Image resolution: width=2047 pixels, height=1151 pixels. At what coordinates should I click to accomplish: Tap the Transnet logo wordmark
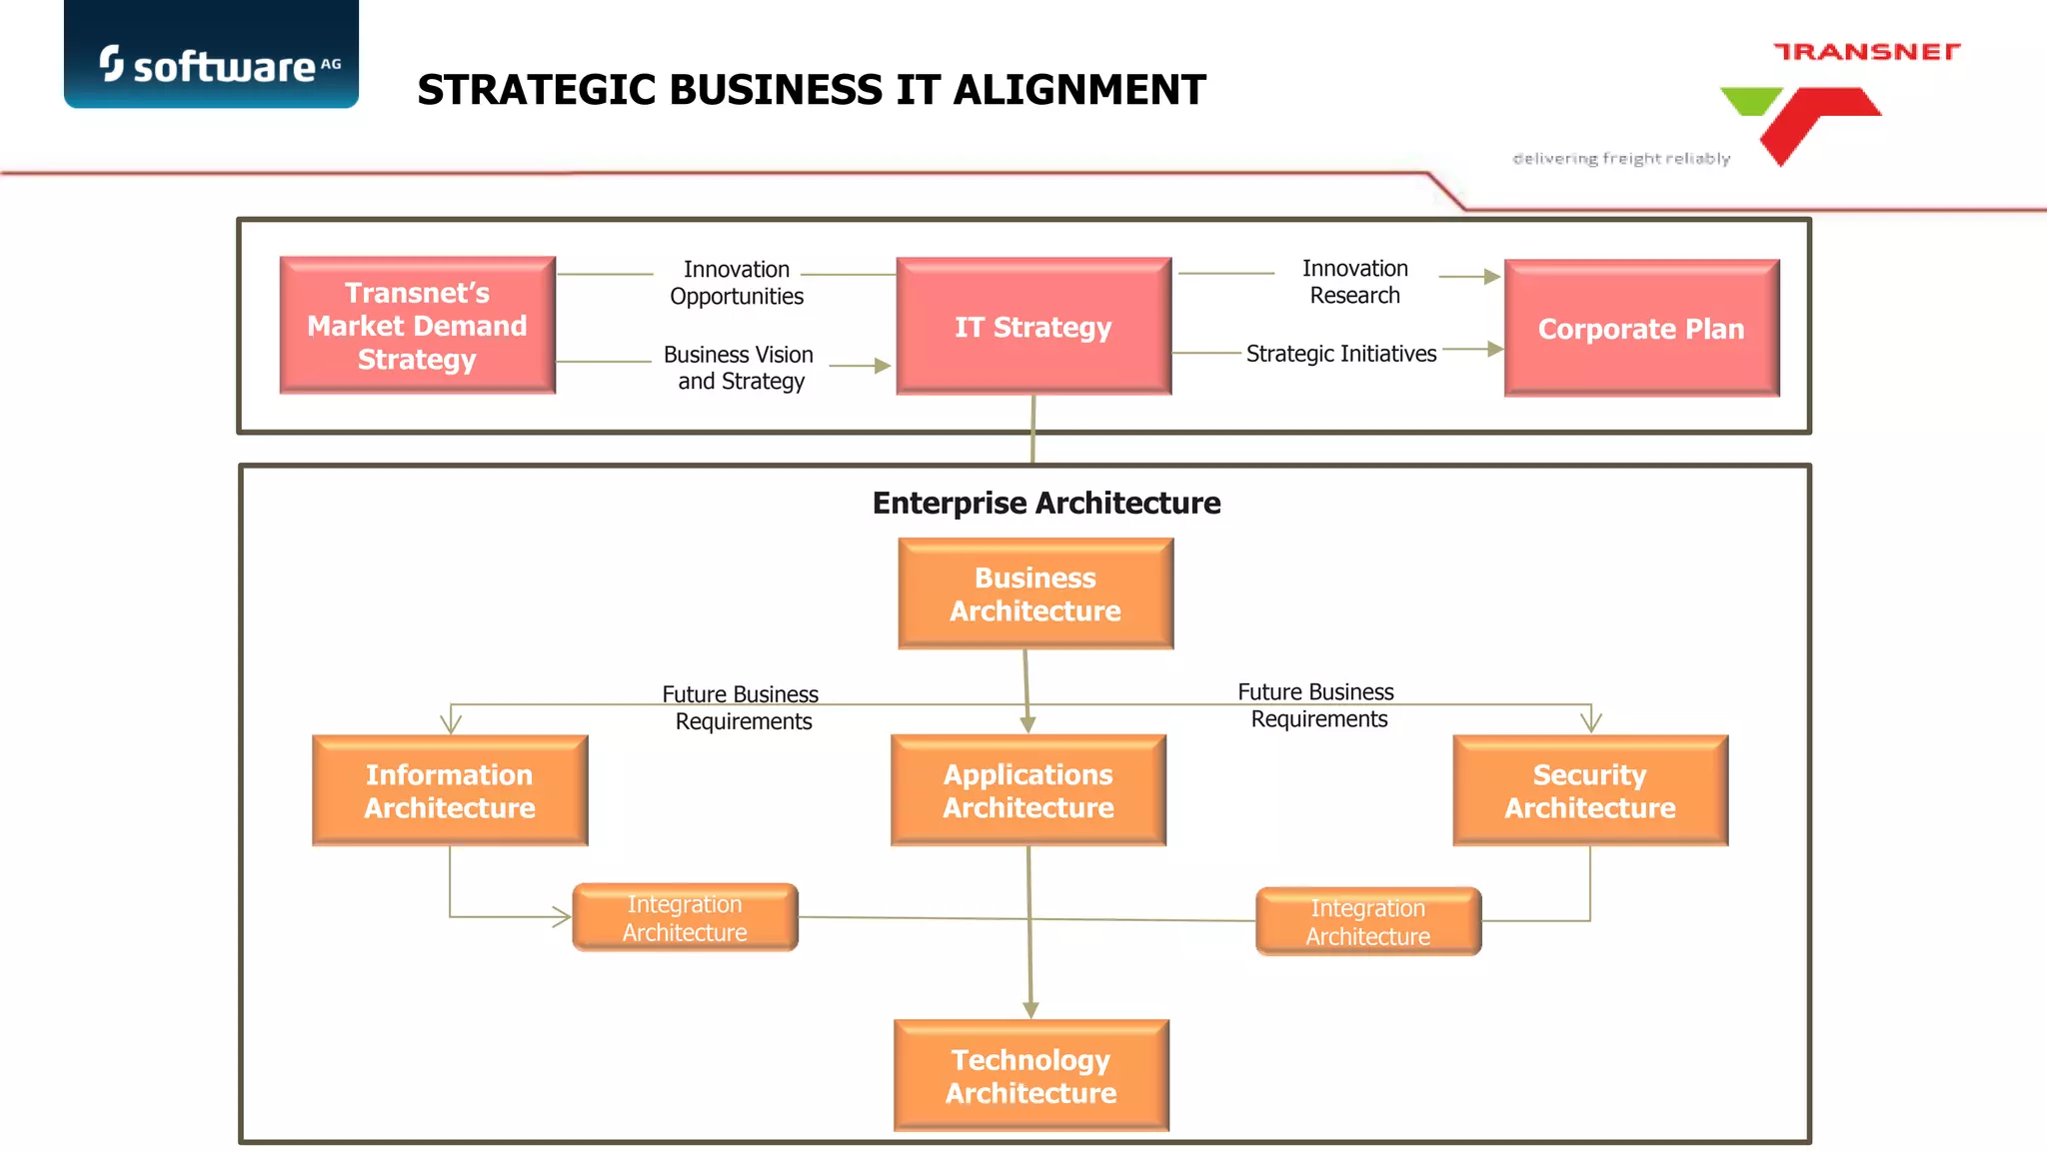[1866, 52]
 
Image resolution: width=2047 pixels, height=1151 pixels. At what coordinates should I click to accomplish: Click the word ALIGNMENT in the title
[1079, 90]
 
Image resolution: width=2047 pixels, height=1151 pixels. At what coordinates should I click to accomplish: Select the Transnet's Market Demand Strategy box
[417, 326]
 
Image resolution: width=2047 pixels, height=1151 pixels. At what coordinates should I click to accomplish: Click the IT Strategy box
[1033, 327]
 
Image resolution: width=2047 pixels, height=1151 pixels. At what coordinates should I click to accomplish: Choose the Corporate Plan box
[1641, 329]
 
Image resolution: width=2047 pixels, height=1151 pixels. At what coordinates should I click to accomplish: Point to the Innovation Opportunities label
[737, 283]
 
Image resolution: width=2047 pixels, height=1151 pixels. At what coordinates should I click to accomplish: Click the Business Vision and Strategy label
[740, 368]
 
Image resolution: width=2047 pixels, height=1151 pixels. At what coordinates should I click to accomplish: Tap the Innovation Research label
[1355, 282]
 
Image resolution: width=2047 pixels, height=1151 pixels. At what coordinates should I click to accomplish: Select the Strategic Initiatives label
[1340, 354]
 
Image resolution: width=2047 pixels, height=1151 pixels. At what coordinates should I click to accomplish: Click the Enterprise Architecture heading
[1045, 503]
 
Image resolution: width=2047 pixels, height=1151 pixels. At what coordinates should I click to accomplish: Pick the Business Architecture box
[1035, 594]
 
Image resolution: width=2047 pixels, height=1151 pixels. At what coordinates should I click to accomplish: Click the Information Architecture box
[450, 791]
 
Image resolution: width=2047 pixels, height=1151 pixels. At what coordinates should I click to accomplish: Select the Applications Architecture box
[1028, 791]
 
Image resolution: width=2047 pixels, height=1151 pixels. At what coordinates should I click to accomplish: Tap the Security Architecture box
[1590, 791]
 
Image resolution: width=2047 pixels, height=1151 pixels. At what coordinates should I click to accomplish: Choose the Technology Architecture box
[1031, 1076]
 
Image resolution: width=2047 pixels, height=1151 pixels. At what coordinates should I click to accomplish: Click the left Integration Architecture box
[685, 918]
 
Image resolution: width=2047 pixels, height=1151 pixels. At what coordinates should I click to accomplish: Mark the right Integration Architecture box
[1368, 922]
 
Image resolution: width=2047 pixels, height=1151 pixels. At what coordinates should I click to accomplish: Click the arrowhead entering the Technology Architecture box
[1030, 1010]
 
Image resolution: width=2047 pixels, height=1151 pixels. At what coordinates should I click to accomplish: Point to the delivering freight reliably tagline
[1621, 159]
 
